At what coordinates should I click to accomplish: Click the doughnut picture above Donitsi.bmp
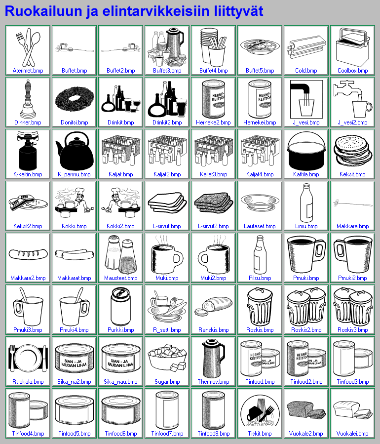click(75, 99)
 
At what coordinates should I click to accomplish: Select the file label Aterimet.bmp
click(28, 71)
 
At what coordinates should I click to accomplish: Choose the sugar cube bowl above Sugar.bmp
click(167, 358)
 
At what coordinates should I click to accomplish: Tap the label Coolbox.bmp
click(352, 71)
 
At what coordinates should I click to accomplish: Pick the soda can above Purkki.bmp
click(121, 307)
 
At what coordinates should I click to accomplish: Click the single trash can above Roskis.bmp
click(260, 306)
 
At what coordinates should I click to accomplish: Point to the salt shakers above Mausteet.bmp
click(121, 254)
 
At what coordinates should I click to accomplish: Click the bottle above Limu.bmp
click(306, 203)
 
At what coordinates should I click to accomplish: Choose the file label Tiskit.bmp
click(260, 434)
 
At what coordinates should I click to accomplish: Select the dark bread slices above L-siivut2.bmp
click(214, 202)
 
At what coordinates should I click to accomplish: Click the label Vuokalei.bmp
click(352, 434)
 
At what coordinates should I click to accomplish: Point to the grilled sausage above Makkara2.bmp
click(28, 254)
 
